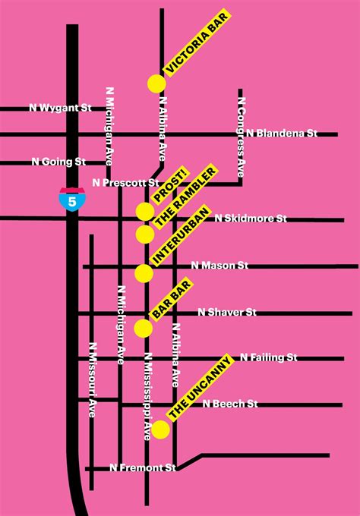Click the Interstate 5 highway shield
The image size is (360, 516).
(73, 199)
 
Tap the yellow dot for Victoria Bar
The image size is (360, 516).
(156, 83)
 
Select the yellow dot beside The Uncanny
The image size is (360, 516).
(160, 429)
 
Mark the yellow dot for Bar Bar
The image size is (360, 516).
(143, 328)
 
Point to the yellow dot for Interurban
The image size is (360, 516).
(144, 272)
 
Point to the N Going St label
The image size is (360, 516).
(58, 161)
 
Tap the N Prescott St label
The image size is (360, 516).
(125, 182)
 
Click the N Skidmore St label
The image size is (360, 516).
(251, 219)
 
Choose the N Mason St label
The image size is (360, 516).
(220, 266)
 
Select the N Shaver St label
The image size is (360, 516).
(227, 312)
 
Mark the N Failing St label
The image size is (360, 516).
(268, 357)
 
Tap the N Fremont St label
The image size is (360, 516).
(143, 467)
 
